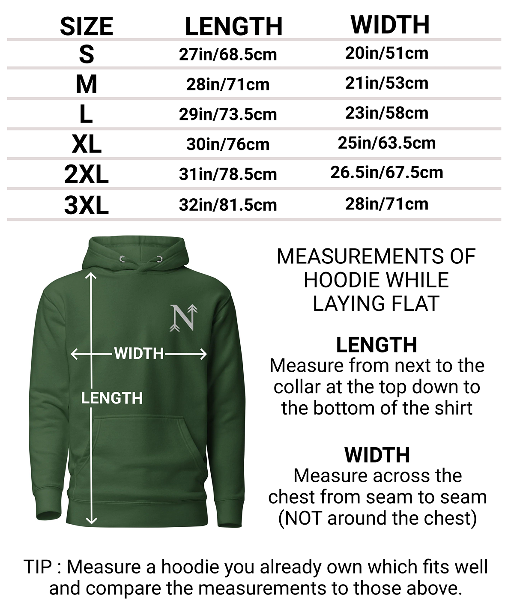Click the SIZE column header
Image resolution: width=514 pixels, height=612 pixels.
tap(86, 26)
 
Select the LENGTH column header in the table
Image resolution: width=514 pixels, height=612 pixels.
tap(233, 26)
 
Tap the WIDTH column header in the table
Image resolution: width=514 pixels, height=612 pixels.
tap(390, 24)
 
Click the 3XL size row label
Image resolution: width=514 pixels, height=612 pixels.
tap(86, 205)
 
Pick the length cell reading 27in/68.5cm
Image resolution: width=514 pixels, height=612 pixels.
tap(228, 55)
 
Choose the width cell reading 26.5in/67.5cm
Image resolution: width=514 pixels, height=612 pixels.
tap(386, 173)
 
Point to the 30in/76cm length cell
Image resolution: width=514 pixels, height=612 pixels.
tap(228, 144)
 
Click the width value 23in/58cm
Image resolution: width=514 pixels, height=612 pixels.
tap(386, 113)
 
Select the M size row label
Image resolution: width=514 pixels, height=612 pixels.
tap(86, 84)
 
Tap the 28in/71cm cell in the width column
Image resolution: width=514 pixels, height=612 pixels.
tap(386, 204)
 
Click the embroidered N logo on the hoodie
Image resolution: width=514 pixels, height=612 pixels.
tap(184, 317)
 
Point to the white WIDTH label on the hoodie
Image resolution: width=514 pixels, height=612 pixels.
tap(139, 354)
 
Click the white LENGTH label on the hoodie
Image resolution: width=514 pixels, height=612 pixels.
tap(112, 398)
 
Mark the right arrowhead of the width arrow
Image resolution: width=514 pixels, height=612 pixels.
tap(204, 354)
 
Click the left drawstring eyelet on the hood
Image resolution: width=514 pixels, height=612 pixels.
tap(122, 259)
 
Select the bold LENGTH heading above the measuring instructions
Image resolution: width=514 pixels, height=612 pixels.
tap(376, 345)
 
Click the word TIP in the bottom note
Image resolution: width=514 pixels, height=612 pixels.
tap(38, 567)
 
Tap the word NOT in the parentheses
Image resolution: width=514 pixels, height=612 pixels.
tap(304, 518)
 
